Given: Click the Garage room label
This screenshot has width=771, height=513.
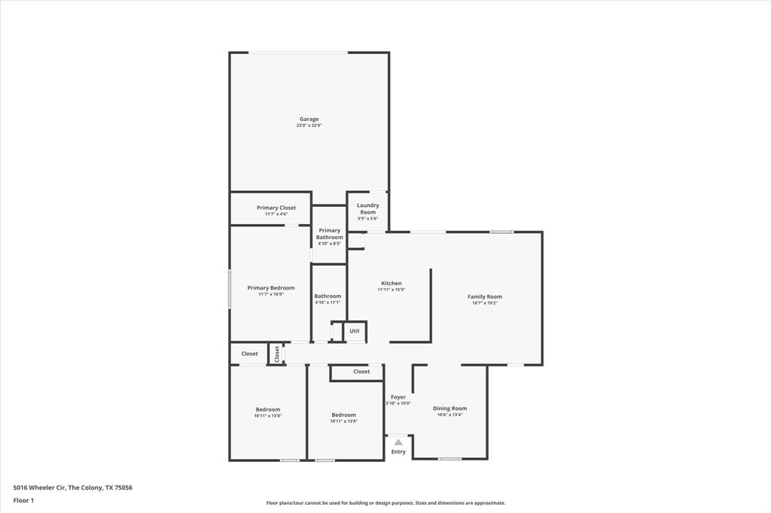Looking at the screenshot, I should click(x=309, y=119).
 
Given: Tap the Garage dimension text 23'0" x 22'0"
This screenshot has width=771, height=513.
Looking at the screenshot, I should click(x=309, y=126).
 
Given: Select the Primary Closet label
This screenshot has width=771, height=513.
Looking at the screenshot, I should click(x=276, y=208).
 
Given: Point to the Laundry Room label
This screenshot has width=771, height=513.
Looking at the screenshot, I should click(x=367, y=208).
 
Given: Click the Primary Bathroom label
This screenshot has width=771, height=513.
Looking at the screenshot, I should click(x=329, y=234).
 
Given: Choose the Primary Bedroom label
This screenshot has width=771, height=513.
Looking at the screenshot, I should click(x=271, y=288).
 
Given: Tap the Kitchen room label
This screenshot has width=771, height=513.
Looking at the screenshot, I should click(x=391, y=284).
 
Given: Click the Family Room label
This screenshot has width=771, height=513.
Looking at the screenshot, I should click(x=484, y=296).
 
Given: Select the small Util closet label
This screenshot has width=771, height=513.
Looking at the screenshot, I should click(x=354, y=331).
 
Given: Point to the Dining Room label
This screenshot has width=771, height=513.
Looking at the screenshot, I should click(x=449, y=408).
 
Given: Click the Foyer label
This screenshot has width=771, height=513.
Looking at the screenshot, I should click(x=398, y=397).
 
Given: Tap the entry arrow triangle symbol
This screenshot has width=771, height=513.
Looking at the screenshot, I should click(x=398, y=442).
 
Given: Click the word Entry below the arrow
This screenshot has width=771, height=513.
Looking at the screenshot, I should click(x=398, y=451).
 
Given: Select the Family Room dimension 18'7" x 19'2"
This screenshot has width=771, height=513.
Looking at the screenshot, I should click(x=484, y=303).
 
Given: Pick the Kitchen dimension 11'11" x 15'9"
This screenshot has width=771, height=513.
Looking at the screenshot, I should click(x=391, y=290).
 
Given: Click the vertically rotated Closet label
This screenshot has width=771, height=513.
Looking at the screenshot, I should click(x=276, y=353).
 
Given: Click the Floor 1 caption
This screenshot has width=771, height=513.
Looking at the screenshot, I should click(x=23, y=500).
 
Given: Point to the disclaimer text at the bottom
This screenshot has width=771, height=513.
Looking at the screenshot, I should click(x=385, y=503).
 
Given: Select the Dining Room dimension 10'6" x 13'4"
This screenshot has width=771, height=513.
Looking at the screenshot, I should click(x=449, y=414).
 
